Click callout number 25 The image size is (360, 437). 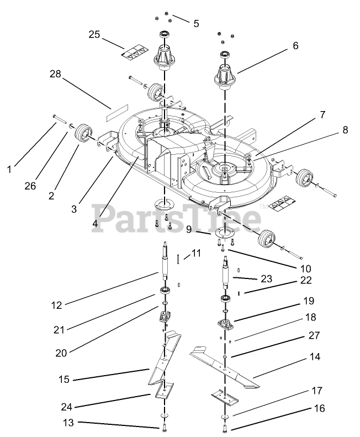(x=94, y=35)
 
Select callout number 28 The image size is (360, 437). (x=55, y=73)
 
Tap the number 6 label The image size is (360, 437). (x=295, y=46)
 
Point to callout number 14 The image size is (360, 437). (x=315, y=357)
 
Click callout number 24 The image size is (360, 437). (x=66, y=408)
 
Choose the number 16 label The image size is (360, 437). (x=319, y=409)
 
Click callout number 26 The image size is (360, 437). (x=30, y=186)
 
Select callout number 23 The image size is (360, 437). (x=267, y=279)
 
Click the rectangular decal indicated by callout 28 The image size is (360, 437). (x=110, y=114)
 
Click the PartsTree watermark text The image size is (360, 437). (x=177, y=218)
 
